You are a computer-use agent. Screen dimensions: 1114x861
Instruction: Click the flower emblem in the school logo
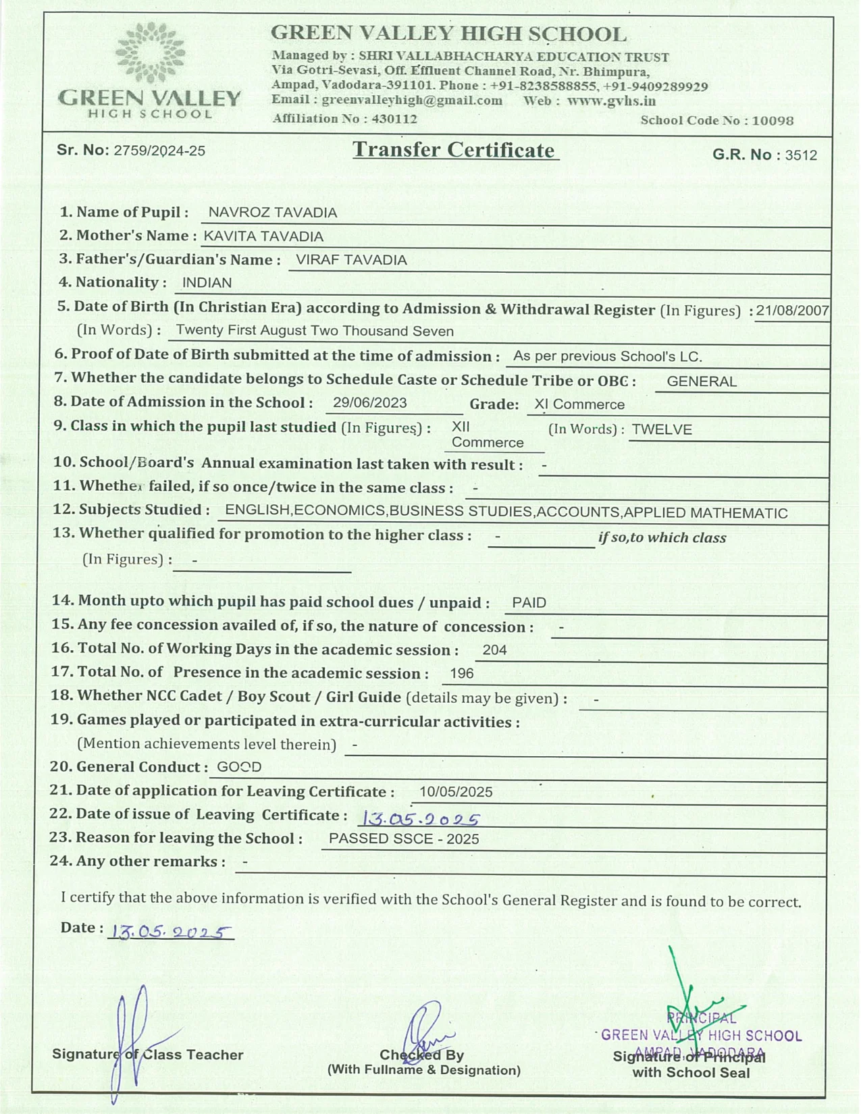(150, 53)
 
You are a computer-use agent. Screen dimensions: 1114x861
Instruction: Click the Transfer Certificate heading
(454, 150)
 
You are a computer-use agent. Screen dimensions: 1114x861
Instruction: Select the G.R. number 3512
(801, 155)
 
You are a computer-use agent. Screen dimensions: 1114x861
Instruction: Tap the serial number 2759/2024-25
(159, 151)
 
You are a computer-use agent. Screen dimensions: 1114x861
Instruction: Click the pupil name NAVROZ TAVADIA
(272, 213)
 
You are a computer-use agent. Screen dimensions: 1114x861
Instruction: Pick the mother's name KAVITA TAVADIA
(263, 236)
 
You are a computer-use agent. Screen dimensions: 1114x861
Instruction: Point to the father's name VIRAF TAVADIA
(351, 260)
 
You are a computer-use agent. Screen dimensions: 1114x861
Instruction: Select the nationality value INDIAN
(207, 283)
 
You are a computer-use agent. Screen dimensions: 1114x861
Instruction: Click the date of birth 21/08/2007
(792, 311)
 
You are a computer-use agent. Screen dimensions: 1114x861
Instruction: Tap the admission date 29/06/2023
(370, 403)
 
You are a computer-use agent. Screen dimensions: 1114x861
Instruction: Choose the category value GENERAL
(702, 381)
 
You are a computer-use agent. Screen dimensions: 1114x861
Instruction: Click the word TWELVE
(662, 429)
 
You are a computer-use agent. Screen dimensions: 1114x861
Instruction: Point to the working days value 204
(494, 650)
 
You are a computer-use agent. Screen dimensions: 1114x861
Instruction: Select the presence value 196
(462, 674)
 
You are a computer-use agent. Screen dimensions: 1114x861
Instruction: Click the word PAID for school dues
(529, 603)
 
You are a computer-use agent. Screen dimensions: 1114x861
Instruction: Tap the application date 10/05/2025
(456, 792)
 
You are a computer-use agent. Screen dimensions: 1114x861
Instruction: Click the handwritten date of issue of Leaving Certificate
(421, 819)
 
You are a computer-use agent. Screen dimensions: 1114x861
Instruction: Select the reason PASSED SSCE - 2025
(404, 839)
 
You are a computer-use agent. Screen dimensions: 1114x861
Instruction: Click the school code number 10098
(773, 121)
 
